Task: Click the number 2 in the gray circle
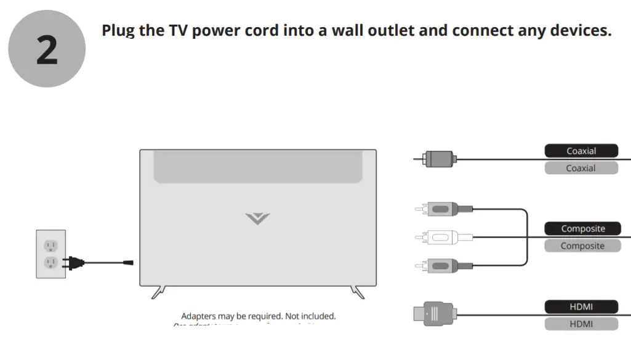pyautogui.click(x=47, y=49)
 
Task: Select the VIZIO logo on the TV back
pyautogui.click(x=257, y=218)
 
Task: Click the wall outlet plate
pyautogui.click(x=51, y=254)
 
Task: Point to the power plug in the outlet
pyautogui.click(x=73, y=263)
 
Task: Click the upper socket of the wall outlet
pyautogui.click(x=50, y=245)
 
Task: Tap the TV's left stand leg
pyautogui.click(x=158, y=291)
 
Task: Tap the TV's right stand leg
pyautogui.click(x=357, y=291)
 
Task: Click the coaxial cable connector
pyautogui.click(x=439, y=159)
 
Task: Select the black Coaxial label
pyautogui.click(x=581, y=151)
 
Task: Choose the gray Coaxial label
pyautogui.click(x=581, y=168)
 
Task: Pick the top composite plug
pyautogui.click(x=442, y=209)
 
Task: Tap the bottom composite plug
pyautogui.click(x=442, y=265)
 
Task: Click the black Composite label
pyautogui.click(x=582, y=228)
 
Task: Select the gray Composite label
pyautogui.click(x=582, y=246)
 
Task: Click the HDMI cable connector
pyautogui.click(x=436, y=314)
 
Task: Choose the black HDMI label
pyautogui.click(x=581, y=306)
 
